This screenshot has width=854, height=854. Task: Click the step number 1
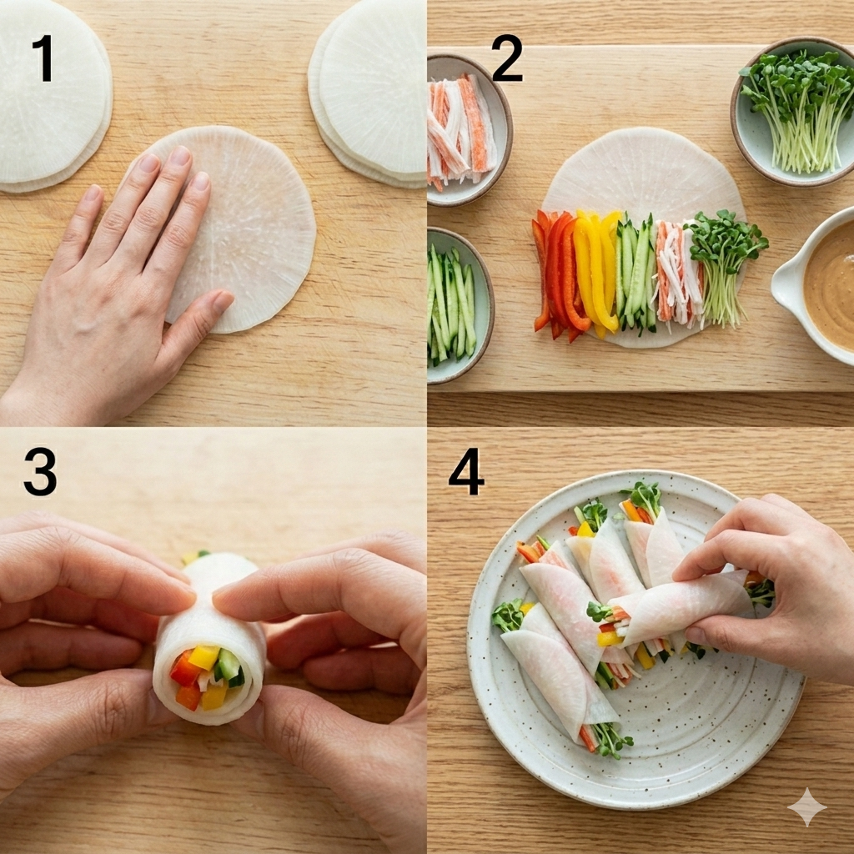(43, 58)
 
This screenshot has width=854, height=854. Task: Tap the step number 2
(506, 58)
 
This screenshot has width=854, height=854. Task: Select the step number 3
(40, 472)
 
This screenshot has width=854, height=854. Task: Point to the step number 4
(466, 472)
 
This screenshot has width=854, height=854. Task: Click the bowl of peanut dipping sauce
(817, 287)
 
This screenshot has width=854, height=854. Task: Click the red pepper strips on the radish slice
(555, 274)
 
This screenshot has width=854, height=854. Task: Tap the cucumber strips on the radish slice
(635, 274)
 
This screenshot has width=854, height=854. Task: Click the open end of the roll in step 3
(208, 676)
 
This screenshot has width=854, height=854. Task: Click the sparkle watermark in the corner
(806, 806)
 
